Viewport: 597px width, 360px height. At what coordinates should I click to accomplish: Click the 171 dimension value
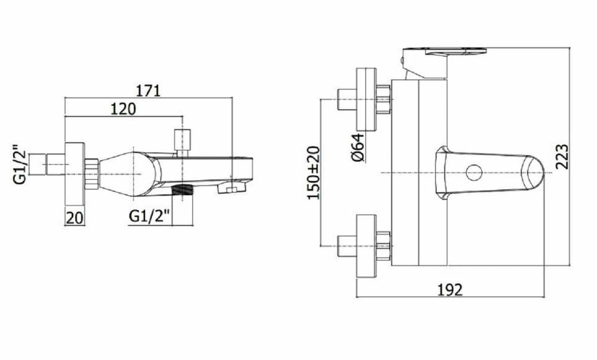pos(149,91)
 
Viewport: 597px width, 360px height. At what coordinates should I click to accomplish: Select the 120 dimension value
pos(123,109)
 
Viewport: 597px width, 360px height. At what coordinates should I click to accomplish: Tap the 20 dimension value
pos(75,218)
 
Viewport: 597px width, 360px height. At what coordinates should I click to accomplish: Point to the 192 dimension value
pos(450,290)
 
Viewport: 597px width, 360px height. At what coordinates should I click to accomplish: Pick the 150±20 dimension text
pos(314,173)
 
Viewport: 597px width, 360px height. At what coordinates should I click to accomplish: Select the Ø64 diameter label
pos(358,147)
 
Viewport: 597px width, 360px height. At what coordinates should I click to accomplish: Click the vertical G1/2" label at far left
pos(20,164)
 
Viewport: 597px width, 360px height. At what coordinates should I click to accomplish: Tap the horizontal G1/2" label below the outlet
pos(149,216)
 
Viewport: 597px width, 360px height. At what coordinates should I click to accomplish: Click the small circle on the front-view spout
pos(475,173)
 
